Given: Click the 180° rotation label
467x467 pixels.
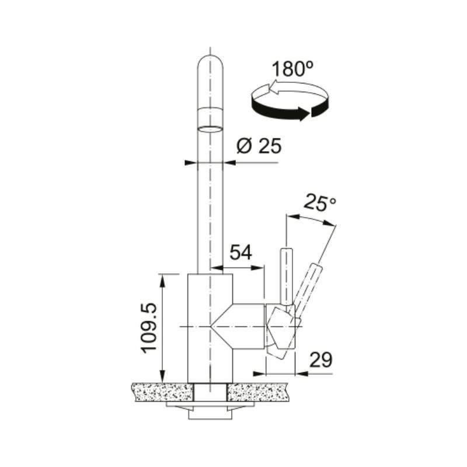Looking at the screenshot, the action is pos(292,69).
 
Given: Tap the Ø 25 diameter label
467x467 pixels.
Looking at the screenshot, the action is pos(259,146).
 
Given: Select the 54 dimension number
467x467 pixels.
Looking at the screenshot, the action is pos(241,252).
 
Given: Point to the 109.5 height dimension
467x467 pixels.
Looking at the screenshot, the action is pos(149,327).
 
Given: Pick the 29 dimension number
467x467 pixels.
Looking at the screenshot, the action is pos(320,360).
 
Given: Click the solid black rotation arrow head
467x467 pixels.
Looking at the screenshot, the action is pos(304,113).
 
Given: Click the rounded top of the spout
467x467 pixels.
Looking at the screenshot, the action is pos(210,61).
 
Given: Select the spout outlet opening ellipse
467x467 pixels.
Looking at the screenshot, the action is pos(210,129).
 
